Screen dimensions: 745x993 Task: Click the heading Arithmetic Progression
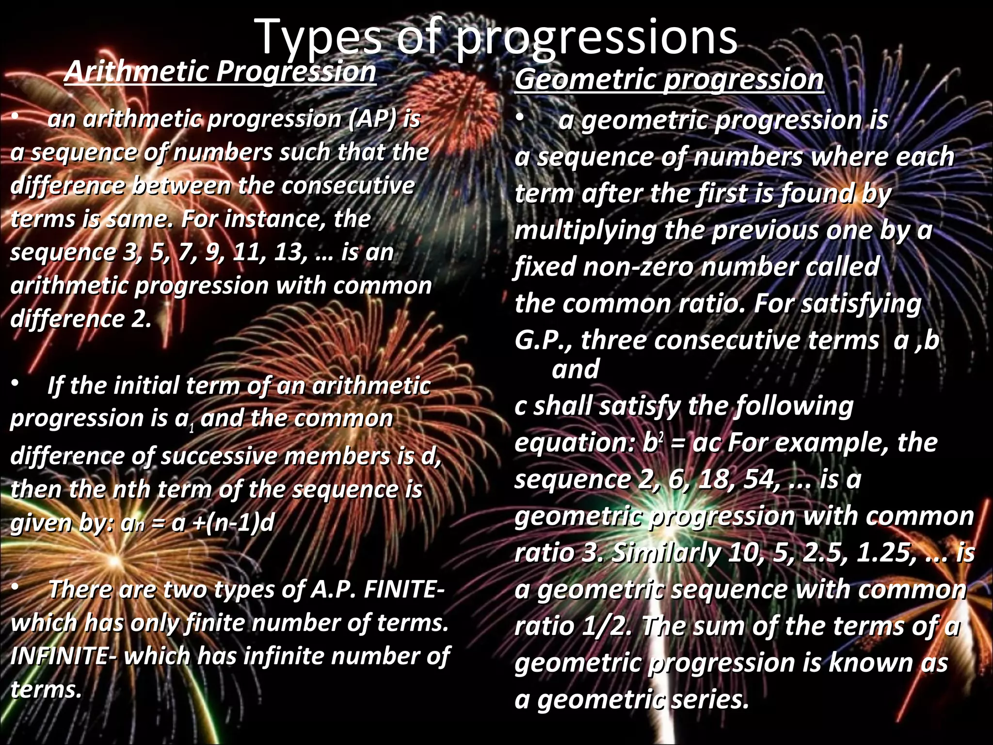click(220, 72)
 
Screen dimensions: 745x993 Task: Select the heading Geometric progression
click(669, 80)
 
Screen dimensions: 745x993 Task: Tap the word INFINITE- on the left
click(63, 656)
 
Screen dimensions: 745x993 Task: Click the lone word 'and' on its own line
click(576, 370)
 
